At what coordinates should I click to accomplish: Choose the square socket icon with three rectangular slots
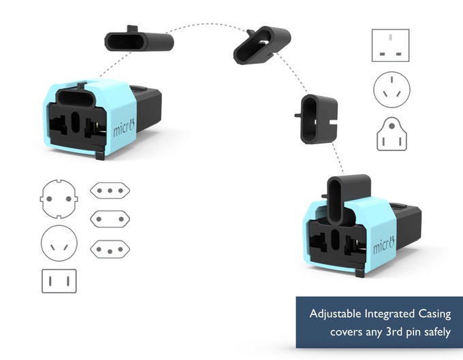391,46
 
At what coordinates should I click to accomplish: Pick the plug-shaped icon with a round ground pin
391,133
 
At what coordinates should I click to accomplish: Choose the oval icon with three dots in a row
110,191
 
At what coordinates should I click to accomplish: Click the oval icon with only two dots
110,219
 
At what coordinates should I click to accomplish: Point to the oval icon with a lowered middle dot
110,249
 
